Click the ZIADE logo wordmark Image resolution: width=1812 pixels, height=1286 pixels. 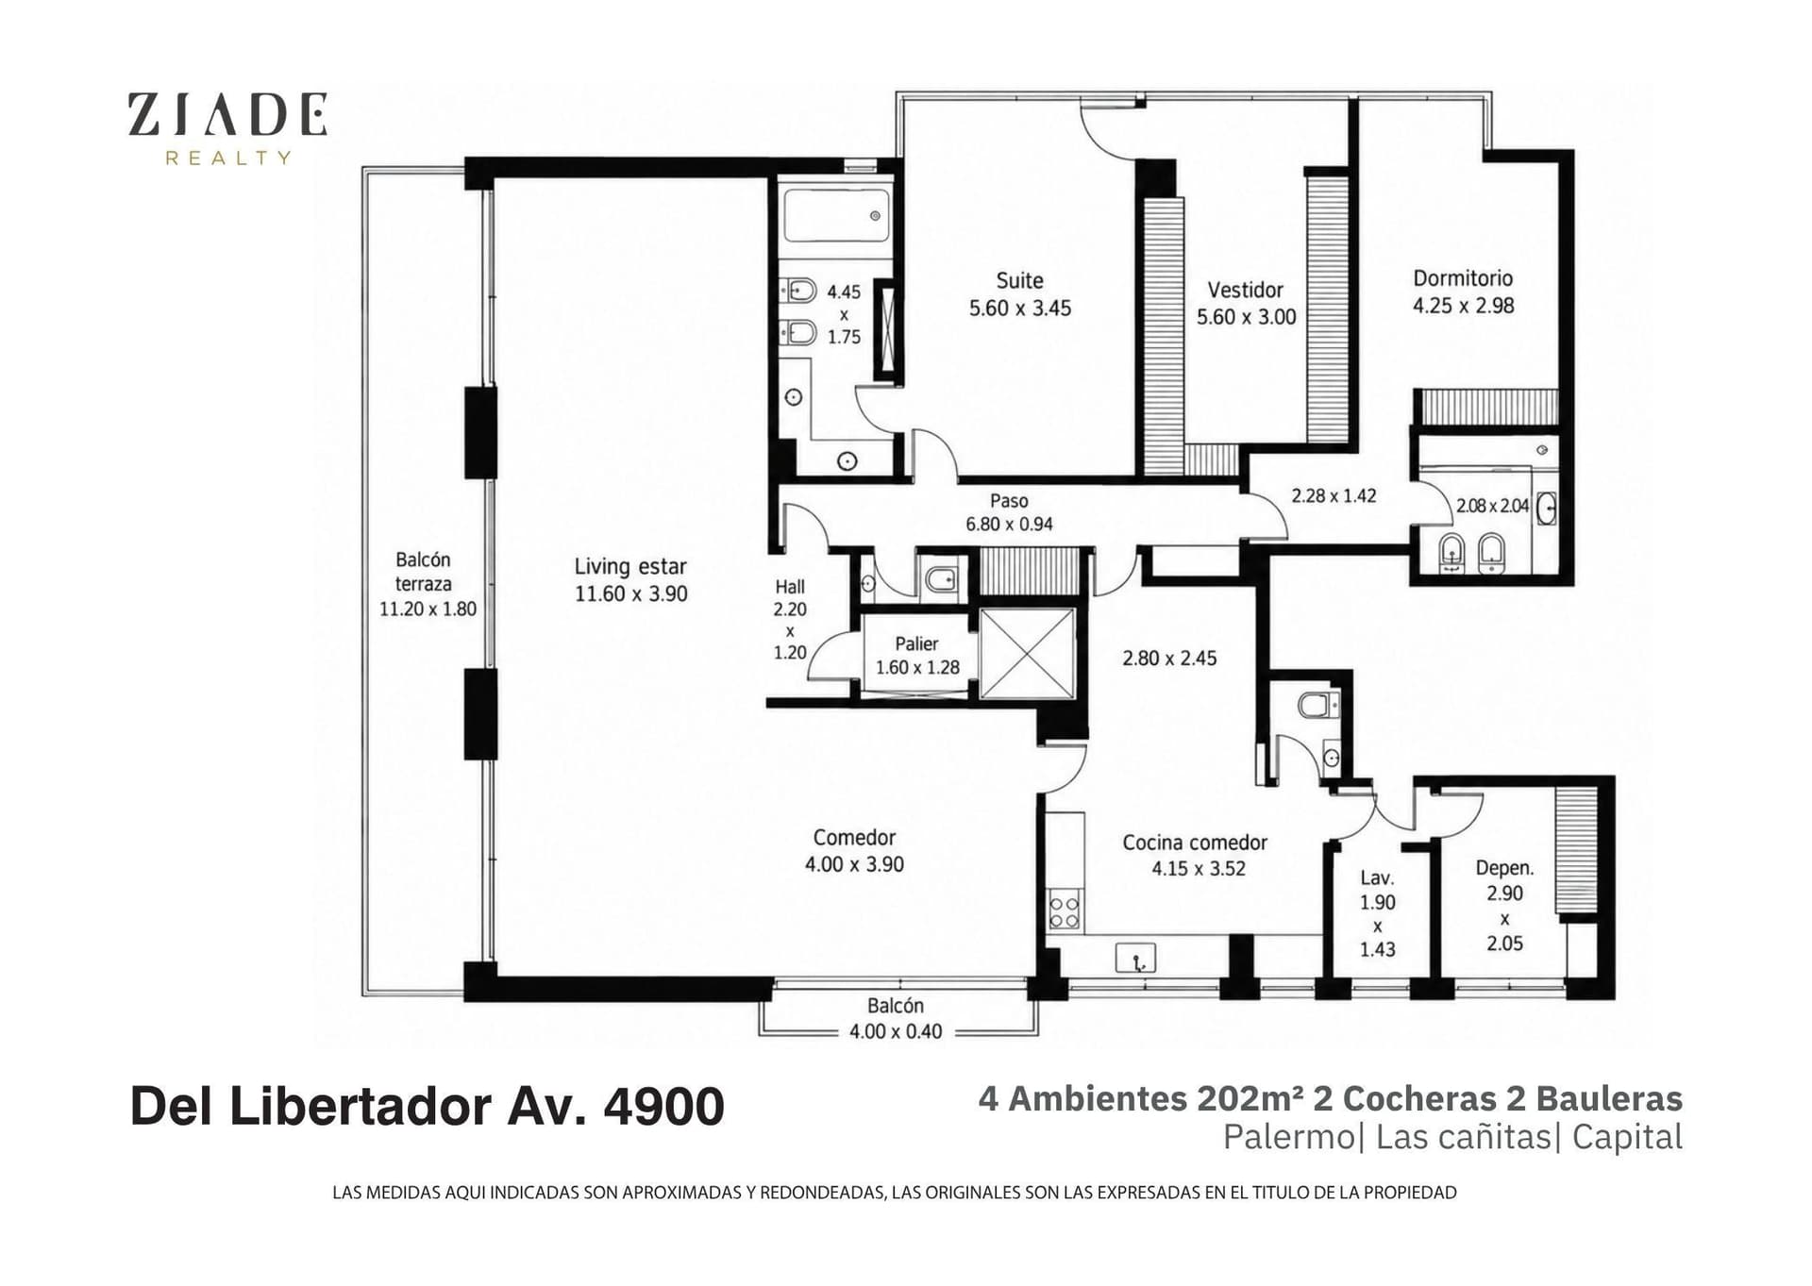point(227,114)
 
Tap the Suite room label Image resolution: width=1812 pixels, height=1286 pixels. point(1020,280)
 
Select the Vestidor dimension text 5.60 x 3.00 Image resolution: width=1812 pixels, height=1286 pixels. point(1247,317)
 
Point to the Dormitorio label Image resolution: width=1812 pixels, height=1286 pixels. point(1463,278)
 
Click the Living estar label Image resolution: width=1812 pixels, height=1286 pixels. point(630,566)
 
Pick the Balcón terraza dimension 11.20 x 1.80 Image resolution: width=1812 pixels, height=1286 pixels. point(428,610)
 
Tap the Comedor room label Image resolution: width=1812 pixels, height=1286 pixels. point(854,837)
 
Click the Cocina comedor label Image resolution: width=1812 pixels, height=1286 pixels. point(1195,843)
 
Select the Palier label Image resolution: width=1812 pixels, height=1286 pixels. point(916,643)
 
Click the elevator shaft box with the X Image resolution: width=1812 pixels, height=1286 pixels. point(1027,654)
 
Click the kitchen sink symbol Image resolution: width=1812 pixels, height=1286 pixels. point(1135,959)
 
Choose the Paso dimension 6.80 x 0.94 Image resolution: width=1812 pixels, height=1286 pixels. point(1009,525)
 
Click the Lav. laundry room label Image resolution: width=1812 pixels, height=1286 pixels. point(1377,878)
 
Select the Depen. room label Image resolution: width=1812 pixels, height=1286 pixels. point(1504,868)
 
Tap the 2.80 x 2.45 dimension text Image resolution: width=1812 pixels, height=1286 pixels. point(1169,659)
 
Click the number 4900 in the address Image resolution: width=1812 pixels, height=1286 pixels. point(663,1106)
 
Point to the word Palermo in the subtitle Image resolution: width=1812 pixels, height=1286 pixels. point(1288,1138)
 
